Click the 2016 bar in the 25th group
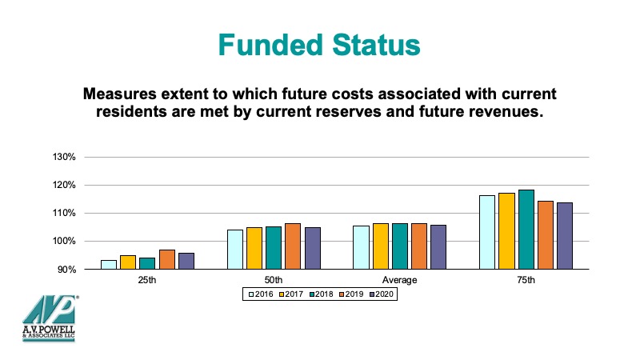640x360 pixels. pos(109,265)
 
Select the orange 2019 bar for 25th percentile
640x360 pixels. pos(167,259)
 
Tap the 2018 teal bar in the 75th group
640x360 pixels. pos(526,230)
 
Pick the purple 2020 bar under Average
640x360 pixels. pos(438,247)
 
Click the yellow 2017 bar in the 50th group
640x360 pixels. pos(254,248)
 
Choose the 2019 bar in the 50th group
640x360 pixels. pos(293,246)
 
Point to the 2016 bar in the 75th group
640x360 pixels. pos(487,232)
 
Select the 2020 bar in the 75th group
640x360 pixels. pos(565,236)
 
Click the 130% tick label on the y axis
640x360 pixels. pos(64,157)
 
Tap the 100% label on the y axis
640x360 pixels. pos(64,242)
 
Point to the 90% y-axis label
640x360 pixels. pos(66,270)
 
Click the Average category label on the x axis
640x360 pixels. pos(399,280)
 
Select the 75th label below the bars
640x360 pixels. pos(526,280)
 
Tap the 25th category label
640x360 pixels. pos(147,280)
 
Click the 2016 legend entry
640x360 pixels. pos(261,294)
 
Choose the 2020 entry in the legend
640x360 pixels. pos(382,294)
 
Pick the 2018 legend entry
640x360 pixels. pos(322,294)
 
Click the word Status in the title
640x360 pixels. pos(376,45)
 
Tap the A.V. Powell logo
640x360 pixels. pos(50,318)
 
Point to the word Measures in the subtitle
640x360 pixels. pos(120,94)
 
